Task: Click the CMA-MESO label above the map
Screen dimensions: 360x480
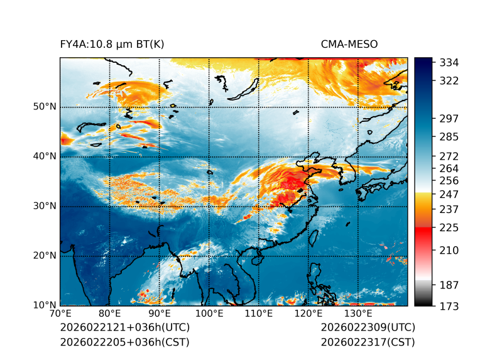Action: [x=349, y=44]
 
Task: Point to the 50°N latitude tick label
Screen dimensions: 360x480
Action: [x=45, y=107]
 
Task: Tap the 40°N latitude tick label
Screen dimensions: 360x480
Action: [x=45, y=156]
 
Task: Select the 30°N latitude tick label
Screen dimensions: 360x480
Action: [x=45, y=206]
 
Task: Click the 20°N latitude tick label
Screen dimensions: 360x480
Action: [x=45, y=256]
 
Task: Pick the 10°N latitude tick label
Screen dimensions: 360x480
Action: [x=45, y=305]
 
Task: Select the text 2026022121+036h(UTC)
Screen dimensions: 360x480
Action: [x=124, y=328]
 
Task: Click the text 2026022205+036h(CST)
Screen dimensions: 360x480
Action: [x=124, y=342]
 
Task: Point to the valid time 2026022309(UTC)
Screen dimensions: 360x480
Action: [x=368, y=328]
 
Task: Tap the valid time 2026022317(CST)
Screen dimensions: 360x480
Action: [x=368, y=342]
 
